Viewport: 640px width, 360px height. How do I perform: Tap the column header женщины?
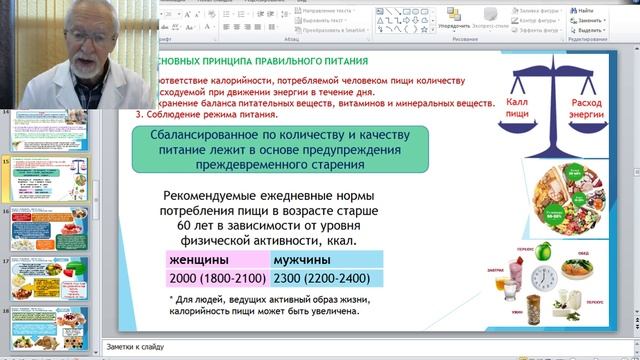(x=200, y=260)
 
